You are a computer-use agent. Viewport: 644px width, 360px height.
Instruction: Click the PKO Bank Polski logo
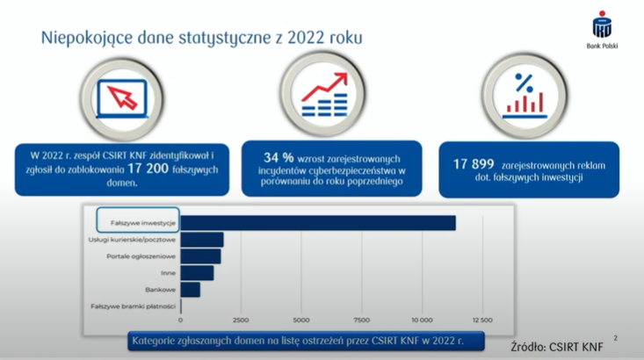coord(602,30)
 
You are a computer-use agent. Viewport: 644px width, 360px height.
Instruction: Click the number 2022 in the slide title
coord(307,38)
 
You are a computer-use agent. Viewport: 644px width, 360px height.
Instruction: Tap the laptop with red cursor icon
coord(122,99)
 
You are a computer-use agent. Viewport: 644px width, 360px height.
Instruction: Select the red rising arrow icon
coord(324,87)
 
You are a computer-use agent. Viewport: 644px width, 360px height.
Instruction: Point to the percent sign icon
coord(524,83)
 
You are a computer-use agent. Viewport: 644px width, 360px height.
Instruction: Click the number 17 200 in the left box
coord(148,169)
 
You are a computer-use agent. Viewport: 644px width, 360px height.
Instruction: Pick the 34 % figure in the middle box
coord(279,158)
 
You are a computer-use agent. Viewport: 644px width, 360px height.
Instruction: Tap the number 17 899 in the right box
coord(474,164)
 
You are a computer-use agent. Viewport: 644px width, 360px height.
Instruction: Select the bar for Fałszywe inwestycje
coord(318,223)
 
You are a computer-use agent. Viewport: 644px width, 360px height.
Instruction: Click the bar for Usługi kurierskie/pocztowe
coord(202,240)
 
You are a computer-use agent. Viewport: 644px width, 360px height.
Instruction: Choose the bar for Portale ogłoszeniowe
coord(200,256)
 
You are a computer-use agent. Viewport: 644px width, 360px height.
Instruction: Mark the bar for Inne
coord(197,273)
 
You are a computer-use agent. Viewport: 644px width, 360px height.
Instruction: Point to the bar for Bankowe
coord(191,290)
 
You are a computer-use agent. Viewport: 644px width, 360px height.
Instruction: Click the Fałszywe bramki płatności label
coord(133,306)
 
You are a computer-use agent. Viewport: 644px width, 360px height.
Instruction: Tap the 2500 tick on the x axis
coord(241,320)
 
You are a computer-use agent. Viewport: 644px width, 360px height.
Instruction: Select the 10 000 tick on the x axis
coord(422,320)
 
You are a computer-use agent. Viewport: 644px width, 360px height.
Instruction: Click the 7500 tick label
coord(361,320)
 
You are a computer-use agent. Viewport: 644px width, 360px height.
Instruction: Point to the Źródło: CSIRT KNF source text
coord(557,347)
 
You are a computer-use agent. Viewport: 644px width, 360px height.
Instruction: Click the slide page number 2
coord(615,338)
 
